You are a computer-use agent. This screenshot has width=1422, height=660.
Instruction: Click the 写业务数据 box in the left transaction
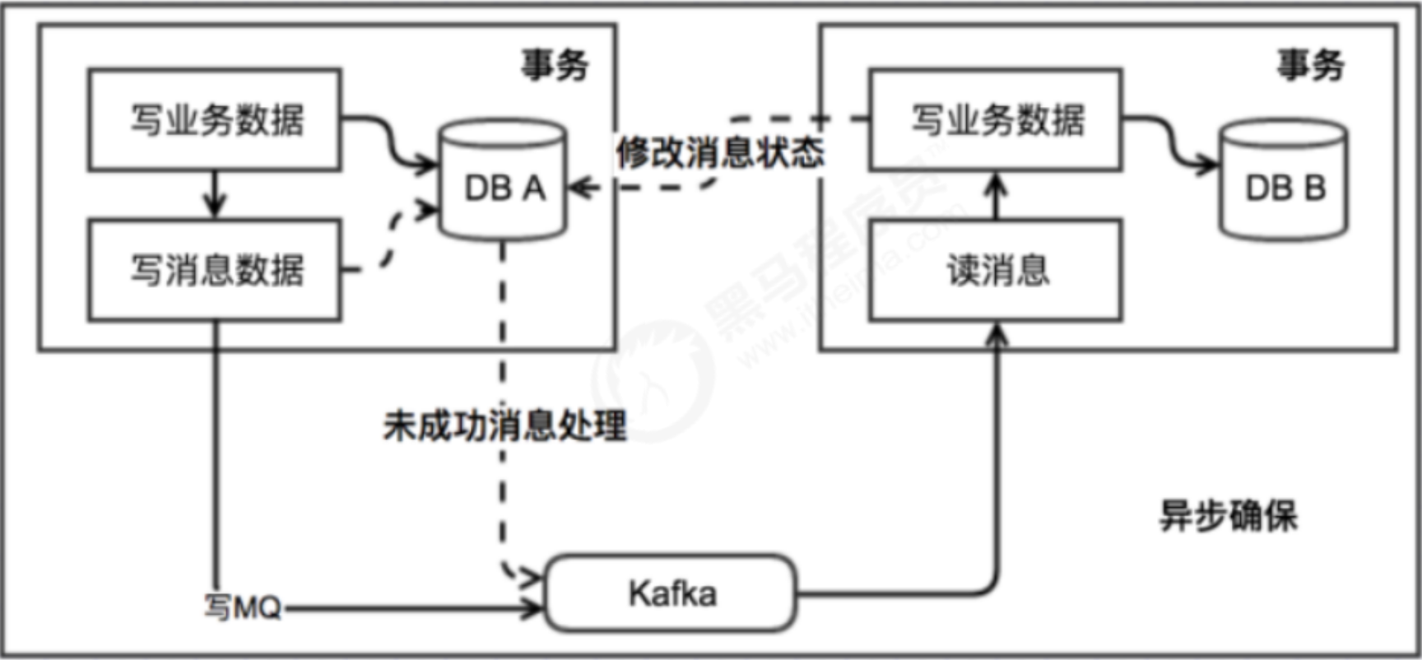[x=215, y=120]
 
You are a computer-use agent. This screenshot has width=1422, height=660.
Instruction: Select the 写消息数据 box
[x=215, y=270]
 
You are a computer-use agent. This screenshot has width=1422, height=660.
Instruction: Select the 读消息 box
[x=996, y=270]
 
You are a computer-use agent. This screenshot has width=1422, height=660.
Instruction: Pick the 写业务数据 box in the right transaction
[x=996, y=120]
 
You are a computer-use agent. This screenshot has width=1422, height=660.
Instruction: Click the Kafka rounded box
[x=671, y=593]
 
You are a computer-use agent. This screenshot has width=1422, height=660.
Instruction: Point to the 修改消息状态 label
[x=720, y=152]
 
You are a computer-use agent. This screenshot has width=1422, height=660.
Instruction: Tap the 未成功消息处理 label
[x=504, y=425]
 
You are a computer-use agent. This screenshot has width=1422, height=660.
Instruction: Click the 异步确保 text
[x=1228, y=516]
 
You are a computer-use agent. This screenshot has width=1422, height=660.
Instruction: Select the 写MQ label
[x=243, y=608]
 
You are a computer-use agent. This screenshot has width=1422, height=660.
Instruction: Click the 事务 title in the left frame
[x=555, y=65]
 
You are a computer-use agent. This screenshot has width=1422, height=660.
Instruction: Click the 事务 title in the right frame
[x=1310, y=65]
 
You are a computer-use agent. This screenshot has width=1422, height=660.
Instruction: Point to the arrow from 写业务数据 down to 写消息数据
[x=215, y=195]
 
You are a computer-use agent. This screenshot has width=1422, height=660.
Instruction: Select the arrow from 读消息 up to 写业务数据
[x=996, y=195]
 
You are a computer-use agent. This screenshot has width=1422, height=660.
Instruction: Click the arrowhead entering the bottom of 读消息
[x=997, y=334]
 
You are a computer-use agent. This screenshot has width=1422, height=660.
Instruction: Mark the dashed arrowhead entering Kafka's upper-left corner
[x=530, y=575]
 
